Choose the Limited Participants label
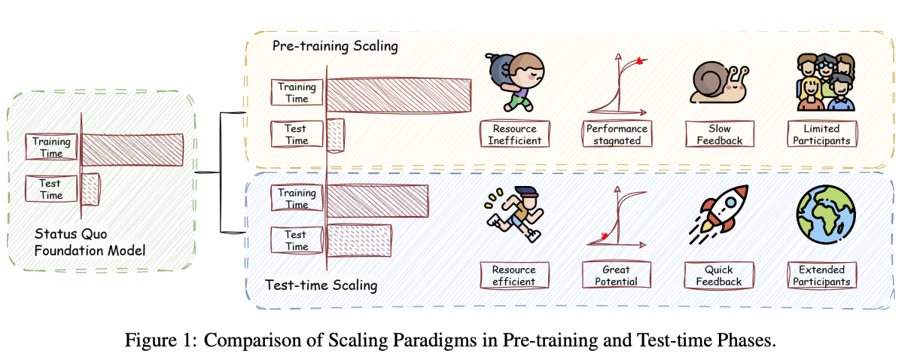(x=821, y=135)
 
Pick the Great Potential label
(x=616, y=276)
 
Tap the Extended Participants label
(x=821, y=276)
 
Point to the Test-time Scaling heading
(x=321, y=285)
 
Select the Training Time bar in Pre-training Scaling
(x=399, y=93)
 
